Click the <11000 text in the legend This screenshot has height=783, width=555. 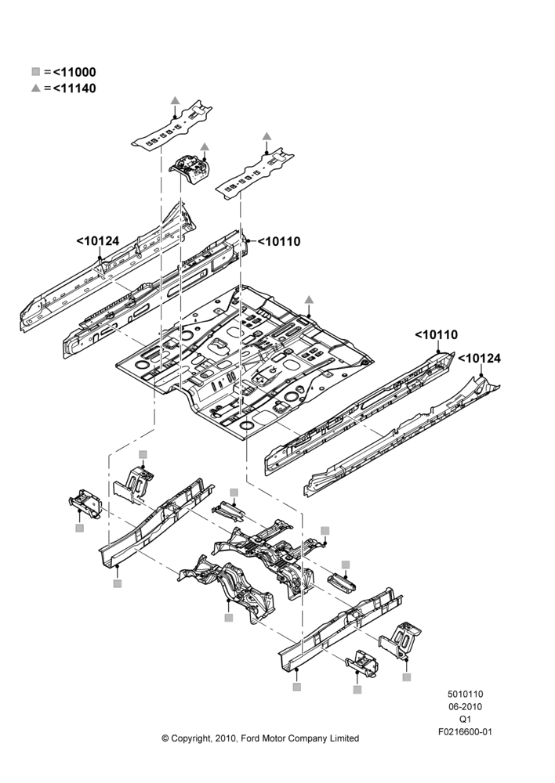click(x=74, y=72)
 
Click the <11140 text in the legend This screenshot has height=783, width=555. click(x=74, y=88)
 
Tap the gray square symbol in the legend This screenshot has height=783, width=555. click(x=35, y=72)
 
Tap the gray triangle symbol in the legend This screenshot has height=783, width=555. click(x=35, y=88)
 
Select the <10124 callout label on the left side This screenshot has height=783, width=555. click(x=98, y=241)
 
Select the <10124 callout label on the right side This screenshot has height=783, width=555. click(x=480, y=359)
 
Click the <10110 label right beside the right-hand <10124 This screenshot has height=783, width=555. click(x=437, y=334)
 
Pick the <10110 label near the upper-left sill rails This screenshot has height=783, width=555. click(x=280, y=242)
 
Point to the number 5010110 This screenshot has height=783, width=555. click(x=465, y=694)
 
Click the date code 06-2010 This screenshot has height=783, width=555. click(x=465, y=706)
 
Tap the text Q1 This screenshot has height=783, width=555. click(x=465, y=719)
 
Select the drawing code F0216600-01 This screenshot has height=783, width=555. click(x=465, y=732)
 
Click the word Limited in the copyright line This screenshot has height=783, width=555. click(x=344, y=738)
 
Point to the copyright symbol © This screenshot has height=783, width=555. click(x=165, y=738)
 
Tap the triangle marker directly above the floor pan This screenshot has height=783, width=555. click(x=309, y=299)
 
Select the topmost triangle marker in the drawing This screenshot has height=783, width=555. click(x=175, y=100)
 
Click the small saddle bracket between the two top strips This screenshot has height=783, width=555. click(x=190, y=171)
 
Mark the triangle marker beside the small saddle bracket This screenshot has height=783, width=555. click(x=205, y=146)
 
